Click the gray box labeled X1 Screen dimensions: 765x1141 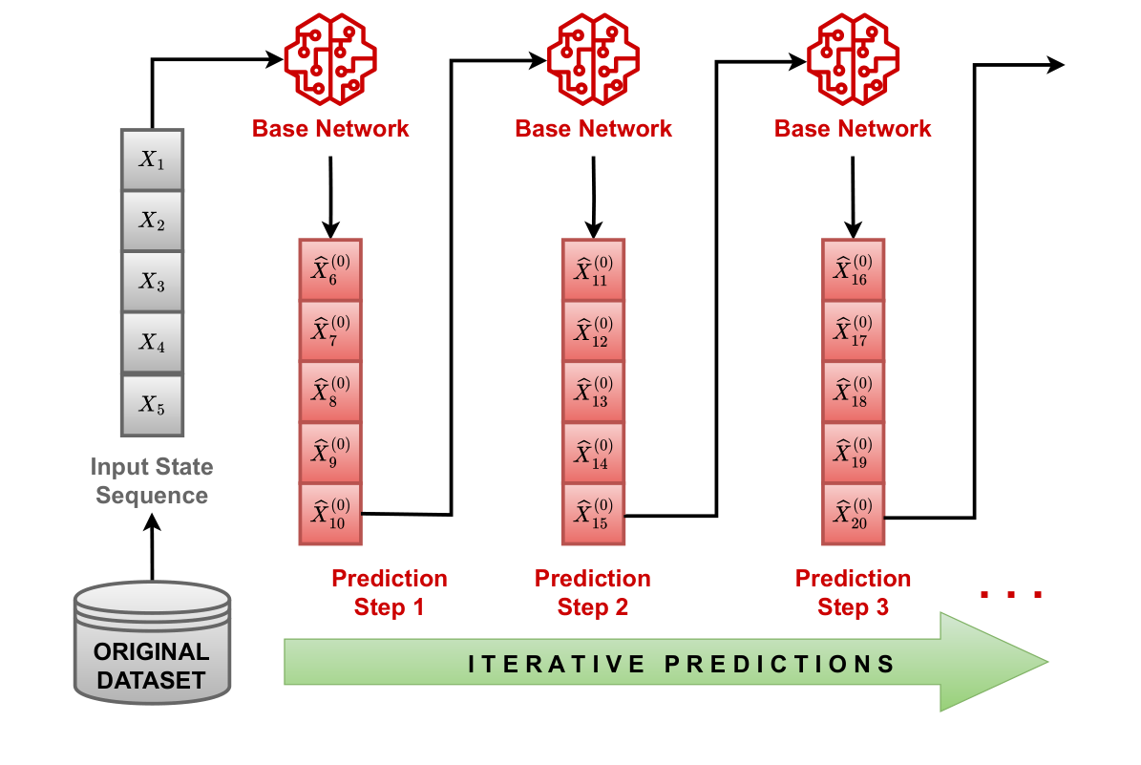point(152,159)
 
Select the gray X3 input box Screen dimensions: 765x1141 point(152,281)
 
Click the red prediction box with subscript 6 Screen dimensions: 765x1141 point(330,270)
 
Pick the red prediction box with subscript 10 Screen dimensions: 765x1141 point(330,514)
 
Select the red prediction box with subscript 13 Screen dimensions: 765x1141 point(593,393)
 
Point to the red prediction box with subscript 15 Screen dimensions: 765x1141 point(593,514)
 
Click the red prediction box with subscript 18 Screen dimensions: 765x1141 point(854,393)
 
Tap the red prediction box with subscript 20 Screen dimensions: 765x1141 point(854,514)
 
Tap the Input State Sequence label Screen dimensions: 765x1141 point(152,481)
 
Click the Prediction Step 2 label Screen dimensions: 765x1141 point(593,592)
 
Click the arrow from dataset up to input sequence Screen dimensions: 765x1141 point(152,549)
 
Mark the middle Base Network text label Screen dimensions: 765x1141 point(593,128)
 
